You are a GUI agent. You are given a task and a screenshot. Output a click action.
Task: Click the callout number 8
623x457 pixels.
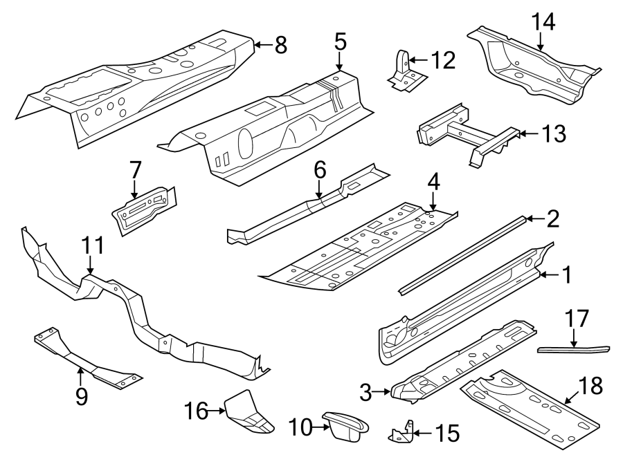coord(280,46)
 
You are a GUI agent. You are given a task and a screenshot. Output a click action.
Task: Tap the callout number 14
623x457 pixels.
coord(543,22)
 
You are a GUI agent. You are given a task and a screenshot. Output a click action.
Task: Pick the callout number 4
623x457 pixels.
coord(433,183)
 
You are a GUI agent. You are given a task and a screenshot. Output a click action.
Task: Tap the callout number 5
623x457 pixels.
coord(339,41)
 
